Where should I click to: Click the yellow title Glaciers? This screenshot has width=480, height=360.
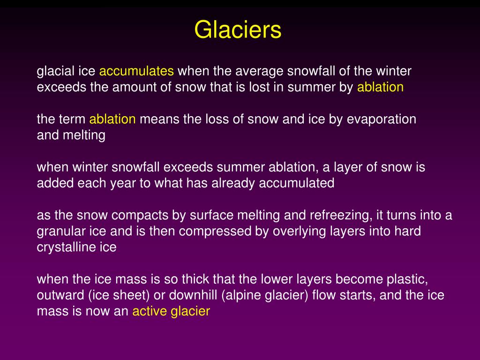pos(238,30)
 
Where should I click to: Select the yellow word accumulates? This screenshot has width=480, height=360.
pos(136,71)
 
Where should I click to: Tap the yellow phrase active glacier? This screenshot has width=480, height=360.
pos(171,311)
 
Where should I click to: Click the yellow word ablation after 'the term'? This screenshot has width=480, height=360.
pos(112,119)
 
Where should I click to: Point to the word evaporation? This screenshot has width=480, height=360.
pos(382,119)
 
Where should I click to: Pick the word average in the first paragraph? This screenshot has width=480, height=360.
pos(258,71)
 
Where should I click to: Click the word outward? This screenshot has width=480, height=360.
pos(56,295)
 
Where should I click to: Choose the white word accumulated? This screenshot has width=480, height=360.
pos(296,183)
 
